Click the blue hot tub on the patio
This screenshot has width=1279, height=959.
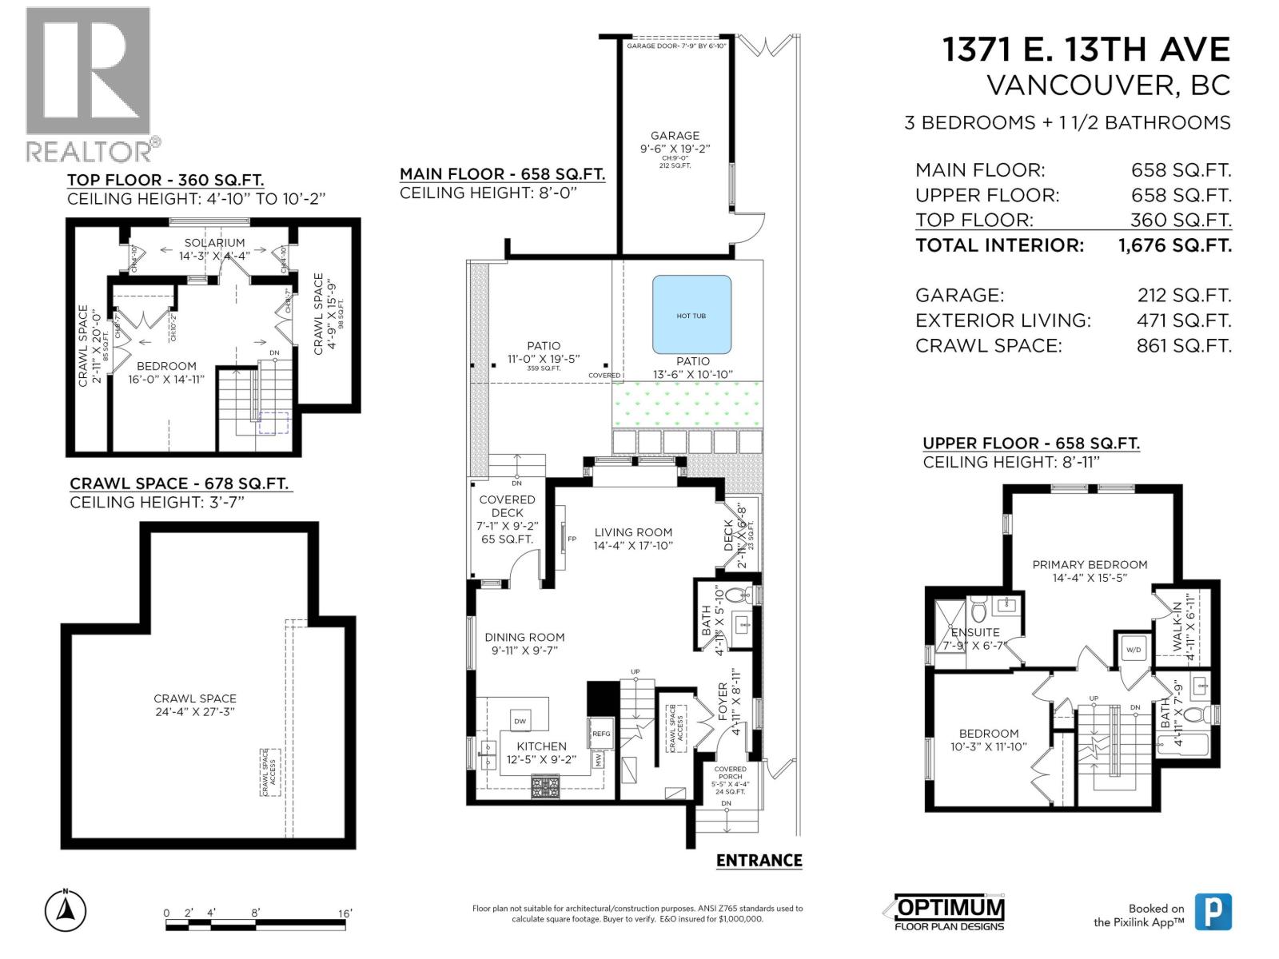pyautogui.click(x=691, y=315)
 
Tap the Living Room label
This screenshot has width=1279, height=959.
pyautogui.click(x=633, y=532)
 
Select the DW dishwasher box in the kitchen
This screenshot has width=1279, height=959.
pyautogui.click(x=520, y=721)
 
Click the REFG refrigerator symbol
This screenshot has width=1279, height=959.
pyautogui.click(x=601, y=734)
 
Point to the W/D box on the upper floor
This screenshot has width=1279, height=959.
pyautogui.click(x=1134, y=650)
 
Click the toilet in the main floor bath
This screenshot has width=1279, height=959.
pyautogui.click(x=743, y=595)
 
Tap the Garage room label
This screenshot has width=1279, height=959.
pyautogui.click(x=675, y=136)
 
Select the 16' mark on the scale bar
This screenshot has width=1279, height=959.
pyautogui.click(x=345, y=913)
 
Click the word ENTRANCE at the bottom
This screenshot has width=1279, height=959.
pyautogui.click(x=759, y=861)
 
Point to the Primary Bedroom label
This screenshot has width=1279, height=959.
pyautogui.click(x=1090, y=564)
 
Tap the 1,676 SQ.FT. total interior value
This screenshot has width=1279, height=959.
pyautogui.click(x=1174, y=245)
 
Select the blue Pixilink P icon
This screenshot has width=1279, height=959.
pyautogui.click(x=1213, y=912)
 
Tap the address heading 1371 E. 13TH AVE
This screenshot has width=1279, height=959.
pyautogui.click(x=1086, y=50)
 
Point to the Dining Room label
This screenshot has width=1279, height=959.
pyautogui.click(x=524, y=638)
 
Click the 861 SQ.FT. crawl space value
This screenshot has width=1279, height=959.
pyautogui.click(x=1183, y=346)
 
